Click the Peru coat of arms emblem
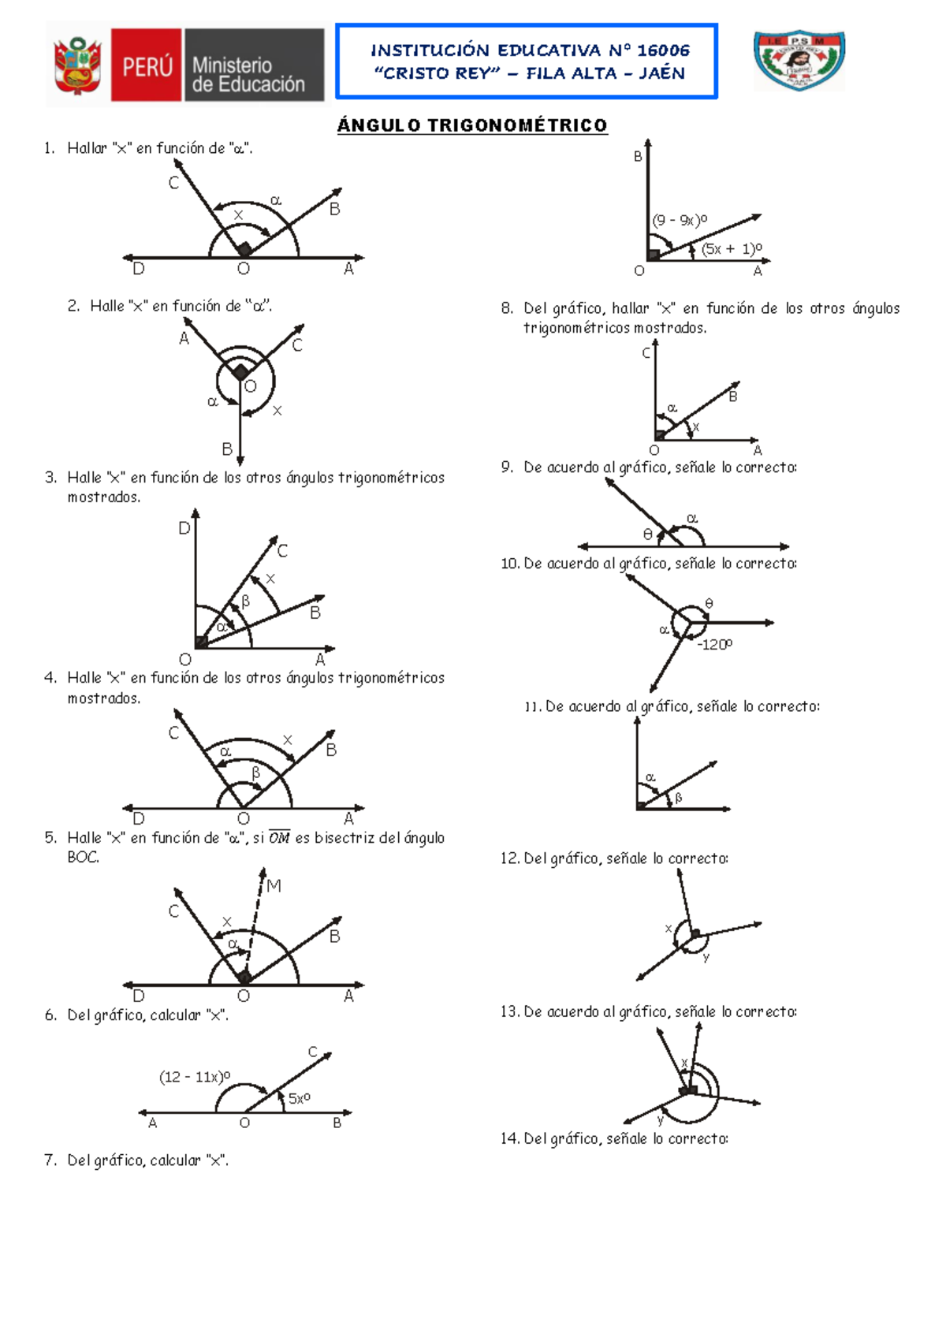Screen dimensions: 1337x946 (x=77, y=66)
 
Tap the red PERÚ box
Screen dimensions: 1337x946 (x=147, y=66)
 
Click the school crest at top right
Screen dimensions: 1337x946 (x=799, y=60)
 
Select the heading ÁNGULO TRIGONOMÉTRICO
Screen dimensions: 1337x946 (x=472, y=125)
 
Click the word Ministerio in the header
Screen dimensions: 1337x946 (x=232, y=65)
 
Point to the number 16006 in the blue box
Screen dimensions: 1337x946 (x=663, y=50)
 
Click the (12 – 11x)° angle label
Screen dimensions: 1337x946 (x=195, y=1077)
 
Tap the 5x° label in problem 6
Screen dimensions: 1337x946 (x=299, y=1098)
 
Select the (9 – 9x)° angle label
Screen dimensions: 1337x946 (x=680, y=220)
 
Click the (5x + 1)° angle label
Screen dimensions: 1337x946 (x=732, y=248)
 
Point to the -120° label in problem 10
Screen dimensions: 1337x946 (x=714, y=644)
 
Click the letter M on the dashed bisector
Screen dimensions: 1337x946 (x=274, y=886)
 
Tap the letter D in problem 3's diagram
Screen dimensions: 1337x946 (x=184, y=528)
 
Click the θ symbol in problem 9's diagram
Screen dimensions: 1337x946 (x=648, y=534)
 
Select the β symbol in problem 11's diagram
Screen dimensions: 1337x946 (x=678, y=799)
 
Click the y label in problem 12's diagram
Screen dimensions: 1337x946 (x=706, y=957)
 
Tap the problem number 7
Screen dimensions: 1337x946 (x=50, y=1160)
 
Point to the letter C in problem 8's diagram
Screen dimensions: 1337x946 (x=646, y=353)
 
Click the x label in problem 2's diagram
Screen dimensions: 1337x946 (x=277, y=411)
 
